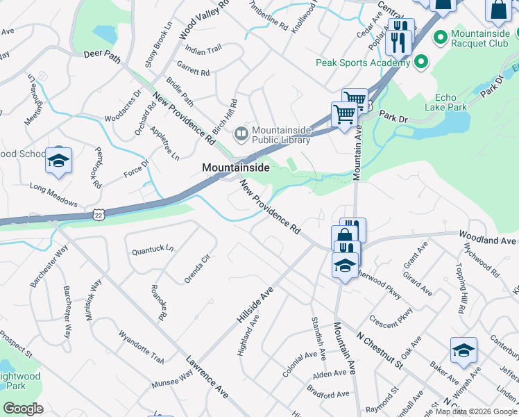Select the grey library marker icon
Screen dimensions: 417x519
point(241,131)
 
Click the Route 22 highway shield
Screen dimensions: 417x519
point(99,217)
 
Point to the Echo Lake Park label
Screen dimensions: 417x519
point(455,102)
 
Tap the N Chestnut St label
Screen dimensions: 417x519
point(380,350)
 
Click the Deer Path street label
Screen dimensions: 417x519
point(102,55)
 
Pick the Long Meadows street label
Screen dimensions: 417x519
point(53,193)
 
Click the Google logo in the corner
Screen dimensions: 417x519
point(23,409)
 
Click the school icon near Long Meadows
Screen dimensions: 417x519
point(58,161)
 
